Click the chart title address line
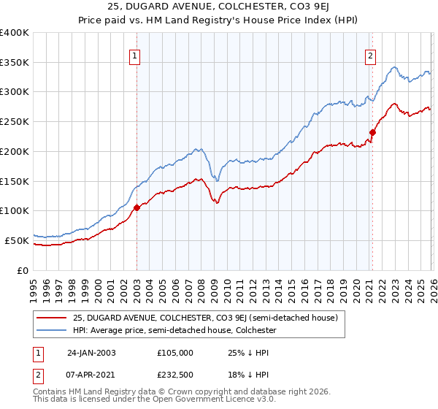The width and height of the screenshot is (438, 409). coord(218,8)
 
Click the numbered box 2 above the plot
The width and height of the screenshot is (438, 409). coord(371,55)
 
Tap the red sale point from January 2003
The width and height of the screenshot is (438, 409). coord(137,207)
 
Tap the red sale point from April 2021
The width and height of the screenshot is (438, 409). coord(372,132)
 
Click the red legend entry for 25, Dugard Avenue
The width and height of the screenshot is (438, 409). coord(204,318)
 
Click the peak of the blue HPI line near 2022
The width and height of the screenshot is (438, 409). coord(393,67)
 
